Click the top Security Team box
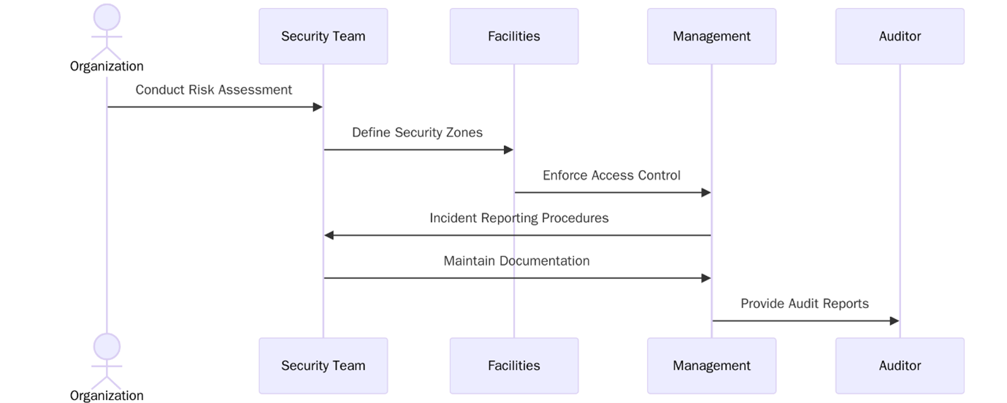point(323,37)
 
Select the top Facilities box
point(513,37)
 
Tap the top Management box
point(711,37)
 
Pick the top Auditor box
point(900,37)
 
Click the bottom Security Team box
point(323,366)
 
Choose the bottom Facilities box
point(513,366)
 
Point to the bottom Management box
point(711,366)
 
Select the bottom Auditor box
point(900,366)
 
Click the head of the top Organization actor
point(107,17)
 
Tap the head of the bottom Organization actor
point(107,346)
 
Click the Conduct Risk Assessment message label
point(213,90)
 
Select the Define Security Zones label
point(417,133)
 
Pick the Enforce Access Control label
point(611,175)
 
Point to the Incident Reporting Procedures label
point(518,218)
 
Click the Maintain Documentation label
point(516,261)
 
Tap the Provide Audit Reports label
point(804,304)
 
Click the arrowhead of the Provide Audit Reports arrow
point(894,321)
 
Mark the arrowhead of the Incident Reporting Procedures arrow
point(329,235)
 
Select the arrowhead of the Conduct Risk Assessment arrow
point(318,107)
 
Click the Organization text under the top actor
point(107,66)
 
